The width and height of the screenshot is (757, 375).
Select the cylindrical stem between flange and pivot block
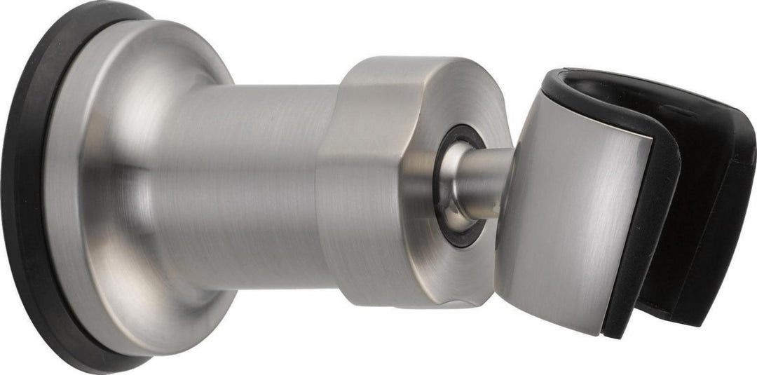pyautogui.click(x=231, y=189)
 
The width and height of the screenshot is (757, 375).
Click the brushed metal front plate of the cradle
pyautogui.click(x=568, y=210)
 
